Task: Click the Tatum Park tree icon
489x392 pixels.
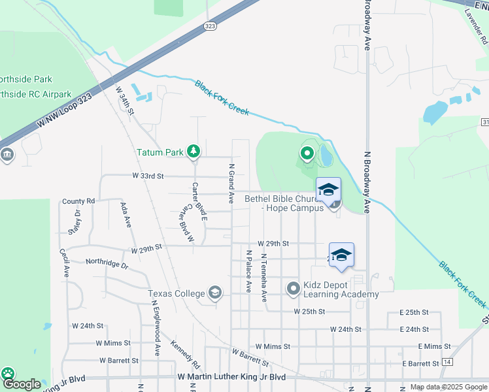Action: (x=193, y=152)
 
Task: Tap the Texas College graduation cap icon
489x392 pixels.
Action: (x=214, y=293)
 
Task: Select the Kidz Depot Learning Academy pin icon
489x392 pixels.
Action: (x=293, y=287)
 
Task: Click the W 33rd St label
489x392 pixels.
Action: (x=147, y=176)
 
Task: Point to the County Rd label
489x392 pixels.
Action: (x=78, y=201)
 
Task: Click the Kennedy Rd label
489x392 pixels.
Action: (x=184, y=348)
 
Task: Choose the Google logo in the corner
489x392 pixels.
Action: (x=21, y=385)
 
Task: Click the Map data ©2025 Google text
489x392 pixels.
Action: (x=448, y=387)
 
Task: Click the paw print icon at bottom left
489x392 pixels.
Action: (x=8, y=374)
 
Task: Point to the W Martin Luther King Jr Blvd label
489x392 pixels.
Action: (x=232, y=377)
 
